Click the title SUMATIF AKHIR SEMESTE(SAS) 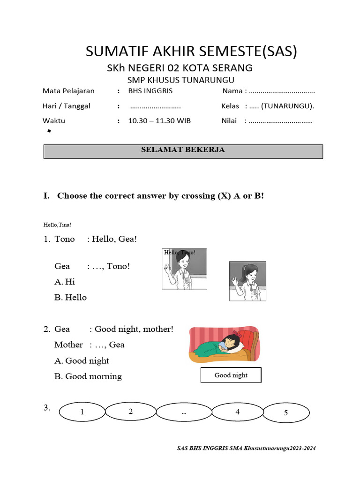[191, 51]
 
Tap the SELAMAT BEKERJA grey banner [183, 150]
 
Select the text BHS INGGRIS [150, 91]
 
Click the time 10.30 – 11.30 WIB [159, 121]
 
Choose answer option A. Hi [65, 282]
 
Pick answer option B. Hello [70, 297]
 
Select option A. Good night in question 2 [82, 360]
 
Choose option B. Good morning [88, 376]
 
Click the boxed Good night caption [231, 375]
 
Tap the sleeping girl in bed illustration [224, 345]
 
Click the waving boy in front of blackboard [184, 269]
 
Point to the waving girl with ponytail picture [247, 281]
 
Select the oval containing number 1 [82, 412]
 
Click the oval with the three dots [183, 412]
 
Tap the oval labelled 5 [286, 413]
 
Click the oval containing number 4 [238, 412]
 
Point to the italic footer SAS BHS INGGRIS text [246, 449]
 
